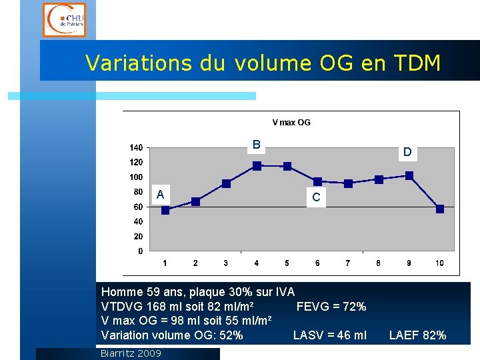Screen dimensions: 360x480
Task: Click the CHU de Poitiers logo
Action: point(64,19)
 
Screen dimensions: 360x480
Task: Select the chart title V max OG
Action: point(291,123)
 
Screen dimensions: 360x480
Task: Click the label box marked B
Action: point(256,145)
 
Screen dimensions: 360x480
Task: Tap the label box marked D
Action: point(407,152)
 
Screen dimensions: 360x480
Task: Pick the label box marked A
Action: point(160,195)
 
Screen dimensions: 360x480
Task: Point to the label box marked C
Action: point(316,197)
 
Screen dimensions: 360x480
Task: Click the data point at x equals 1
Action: point(165,210)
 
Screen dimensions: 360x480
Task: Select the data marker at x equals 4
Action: point(257,165)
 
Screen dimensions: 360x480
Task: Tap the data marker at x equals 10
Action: point(439,209)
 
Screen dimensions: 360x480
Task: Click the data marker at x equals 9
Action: point(409,175)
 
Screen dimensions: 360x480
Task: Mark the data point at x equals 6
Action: point(317,181)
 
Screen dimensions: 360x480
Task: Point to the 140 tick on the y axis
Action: point(136,147)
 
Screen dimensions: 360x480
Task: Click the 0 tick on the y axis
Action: point(140,251)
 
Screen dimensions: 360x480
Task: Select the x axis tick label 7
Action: point(348,263)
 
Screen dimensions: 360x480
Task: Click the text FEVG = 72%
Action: point(331,307)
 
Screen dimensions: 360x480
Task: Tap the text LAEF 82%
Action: point(417,335)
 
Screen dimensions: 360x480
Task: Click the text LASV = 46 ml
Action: point(329,335)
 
